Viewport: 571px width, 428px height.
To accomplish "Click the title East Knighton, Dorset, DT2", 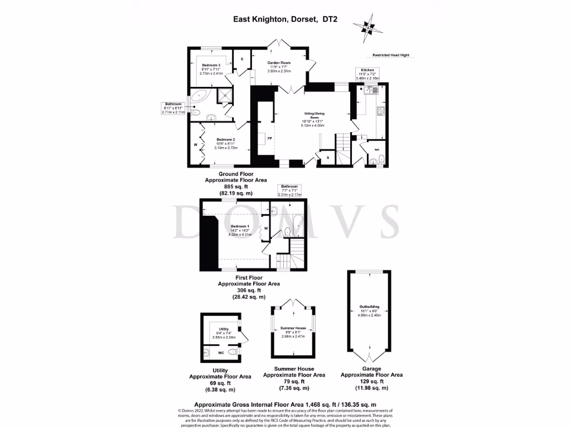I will (x=285, y=19).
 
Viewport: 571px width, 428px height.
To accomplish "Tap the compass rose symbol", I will (x=367, y=26).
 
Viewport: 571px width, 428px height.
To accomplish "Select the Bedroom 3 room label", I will (x=211, y=65).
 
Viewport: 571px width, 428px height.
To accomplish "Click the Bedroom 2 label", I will (x=226, y=139).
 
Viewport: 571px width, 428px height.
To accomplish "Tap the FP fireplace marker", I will (x=270, y=138).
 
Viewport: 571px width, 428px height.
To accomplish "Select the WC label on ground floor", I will (x=377, y=150).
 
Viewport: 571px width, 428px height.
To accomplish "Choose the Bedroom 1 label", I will (x=240, y=226).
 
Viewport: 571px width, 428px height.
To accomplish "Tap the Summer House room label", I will (x=293, y=328).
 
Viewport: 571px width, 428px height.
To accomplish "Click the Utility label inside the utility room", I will (x=224, y=329).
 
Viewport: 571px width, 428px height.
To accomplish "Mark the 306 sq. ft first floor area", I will (x=250, y=290).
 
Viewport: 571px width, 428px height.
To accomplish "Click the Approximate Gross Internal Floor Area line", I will (x=284, y=405).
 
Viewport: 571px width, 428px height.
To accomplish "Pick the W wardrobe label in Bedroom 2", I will (x=196, y=145).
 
